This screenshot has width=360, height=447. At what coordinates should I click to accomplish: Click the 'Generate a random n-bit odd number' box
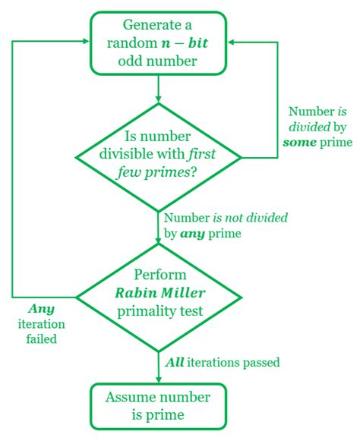point(159,43)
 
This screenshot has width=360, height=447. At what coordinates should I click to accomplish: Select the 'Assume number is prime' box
point(159,406)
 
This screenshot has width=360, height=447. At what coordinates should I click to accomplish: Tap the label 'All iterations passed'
point(223,363)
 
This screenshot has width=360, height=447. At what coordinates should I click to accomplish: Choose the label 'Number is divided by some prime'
point(317,127)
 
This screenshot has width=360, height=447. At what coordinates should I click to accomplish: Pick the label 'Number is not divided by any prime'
point(226,225)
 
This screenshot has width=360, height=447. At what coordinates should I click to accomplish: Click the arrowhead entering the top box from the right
point(232,42)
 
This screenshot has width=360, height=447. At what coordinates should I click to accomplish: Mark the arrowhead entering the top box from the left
point(85,42)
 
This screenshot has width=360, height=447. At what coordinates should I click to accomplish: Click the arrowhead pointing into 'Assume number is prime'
point(159,379)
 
